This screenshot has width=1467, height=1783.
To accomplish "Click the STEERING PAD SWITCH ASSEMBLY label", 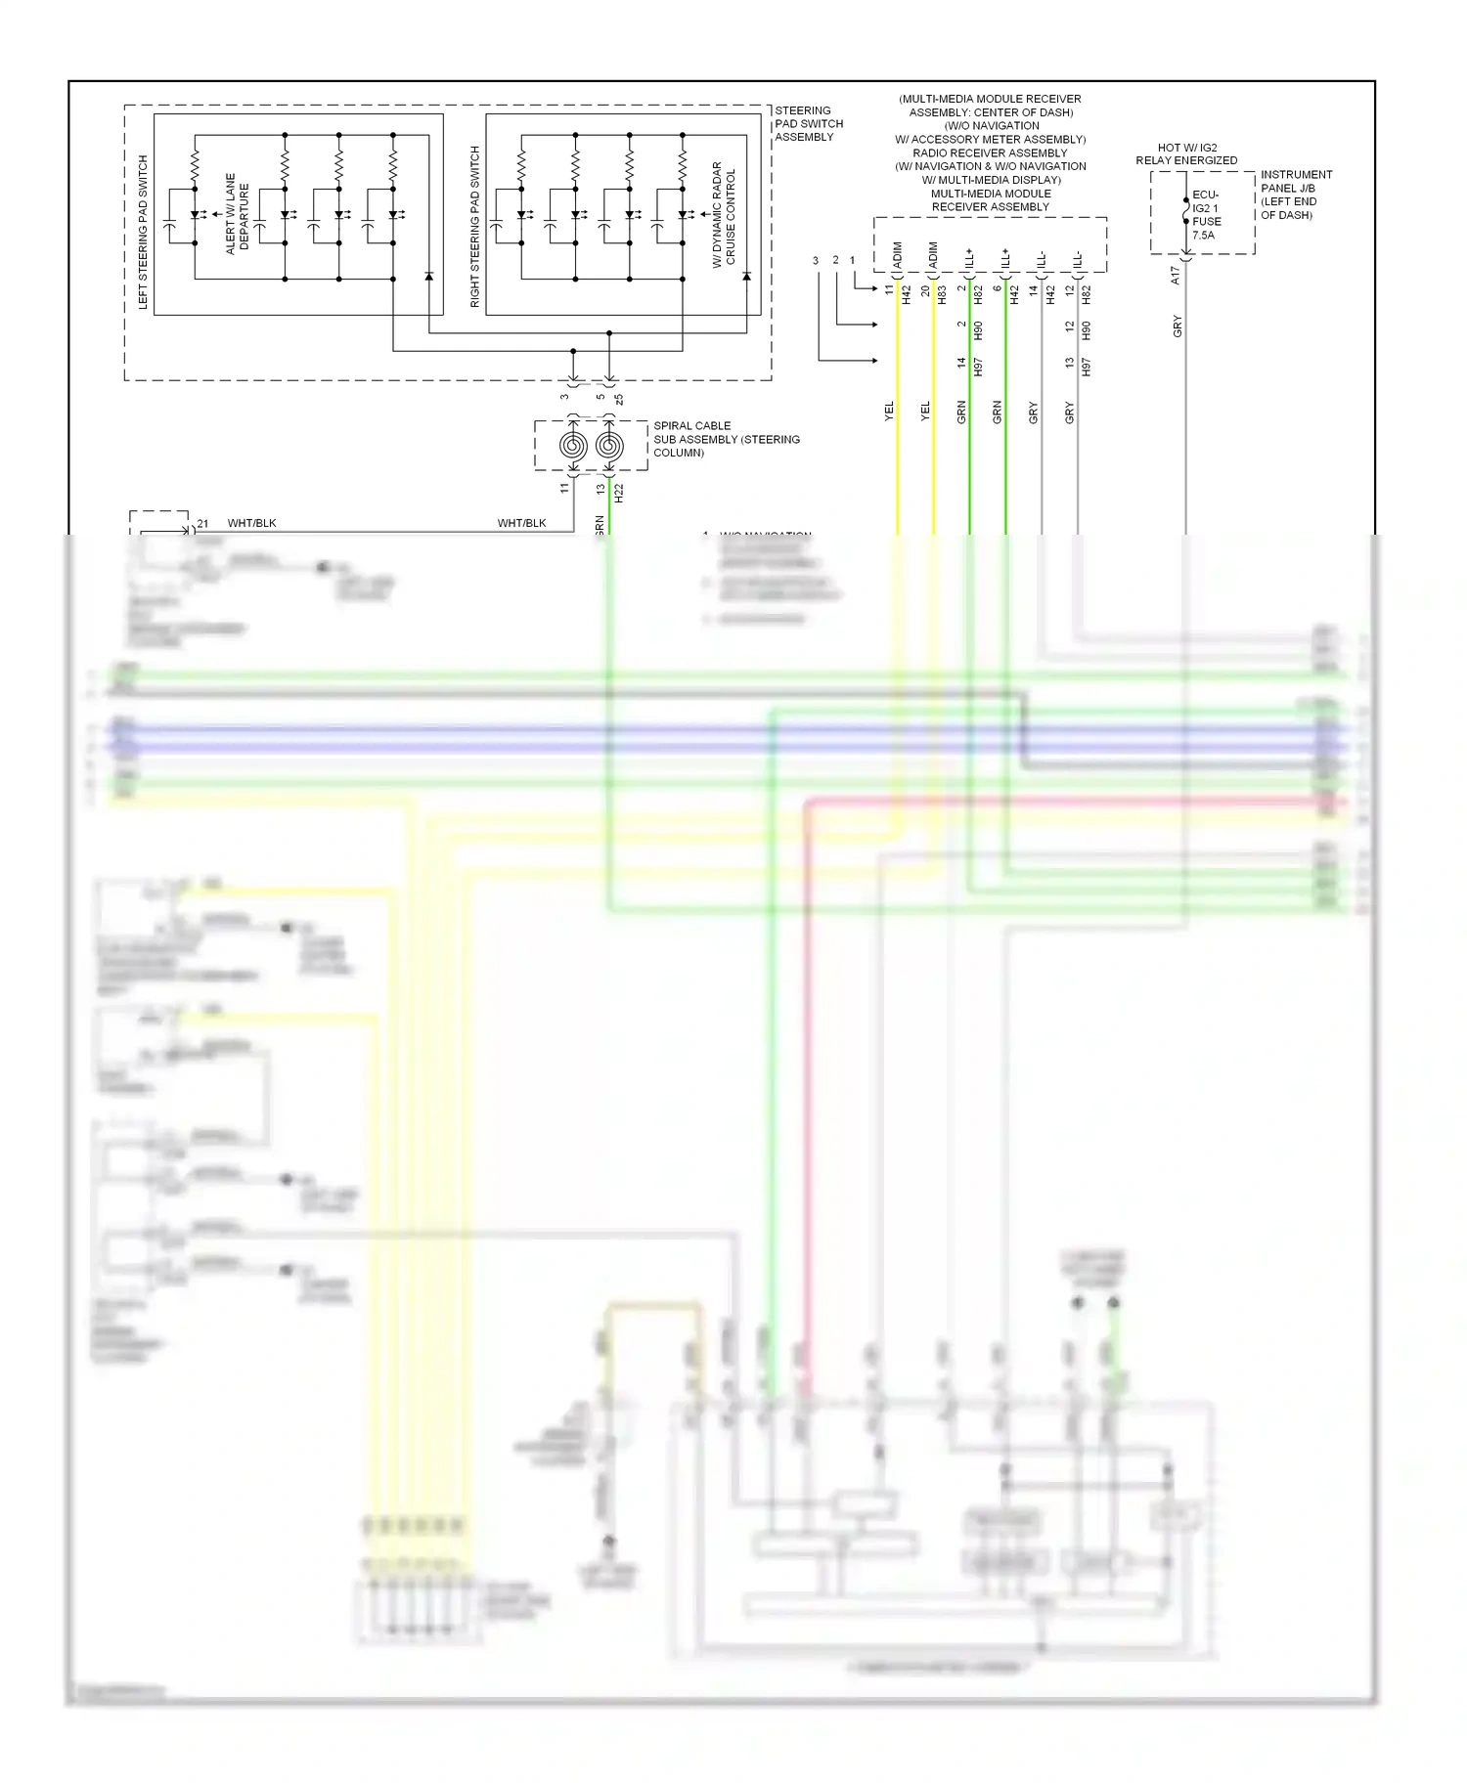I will (809, 124).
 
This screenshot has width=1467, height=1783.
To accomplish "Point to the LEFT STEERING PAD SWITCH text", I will (144, 232).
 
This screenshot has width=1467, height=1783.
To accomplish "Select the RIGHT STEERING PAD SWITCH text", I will (475, 227).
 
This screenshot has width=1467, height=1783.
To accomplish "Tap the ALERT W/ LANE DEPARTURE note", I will (237, 214).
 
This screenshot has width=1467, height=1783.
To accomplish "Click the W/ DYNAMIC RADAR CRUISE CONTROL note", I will (724, 215).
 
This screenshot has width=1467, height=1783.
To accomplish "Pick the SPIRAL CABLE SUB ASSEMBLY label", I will (726, 439).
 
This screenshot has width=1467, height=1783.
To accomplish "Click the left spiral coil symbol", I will (573, 446).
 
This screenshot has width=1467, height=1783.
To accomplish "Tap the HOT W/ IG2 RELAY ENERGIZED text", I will (1186, 154).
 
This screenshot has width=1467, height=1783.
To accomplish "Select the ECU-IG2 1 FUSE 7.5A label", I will (1205, 215).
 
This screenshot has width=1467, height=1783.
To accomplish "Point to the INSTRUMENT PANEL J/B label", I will (1296, 195).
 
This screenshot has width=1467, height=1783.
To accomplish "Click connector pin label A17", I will (1176, 276).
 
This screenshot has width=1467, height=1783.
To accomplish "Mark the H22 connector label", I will (618, 493).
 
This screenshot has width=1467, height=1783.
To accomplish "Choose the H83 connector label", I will (942, 293).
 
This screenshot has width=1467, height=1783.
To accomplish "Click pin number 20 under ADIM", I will (925, 291).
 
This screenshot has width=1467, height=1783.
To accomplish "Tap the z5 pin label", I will (618, 399).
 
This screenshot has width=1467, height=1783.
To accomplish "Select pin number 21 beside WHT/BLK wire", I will (202, 524).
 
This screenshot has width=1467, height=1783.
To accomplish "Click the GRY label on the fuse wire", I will (1178, 326).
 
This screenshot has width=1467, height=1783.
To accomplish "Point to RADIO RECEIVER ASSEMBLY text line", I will (990, 152).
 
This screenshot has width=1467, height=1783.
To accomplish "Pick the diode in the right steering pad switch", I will (746, 277).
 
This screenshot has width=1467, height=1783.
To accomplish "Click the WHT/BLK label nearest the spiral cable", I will (521, 524).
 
